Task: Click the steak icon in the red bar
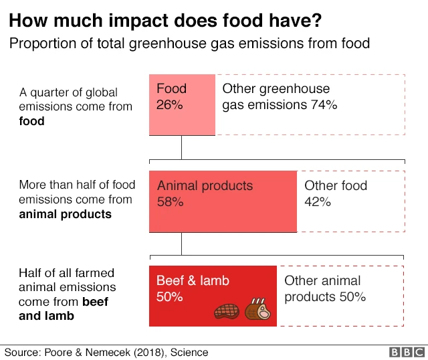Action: (227, 310)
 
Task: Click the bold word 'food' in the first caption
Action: (32, 121)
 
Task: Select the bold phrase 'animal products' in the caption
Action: (65, 214)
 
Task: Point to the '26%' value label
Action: (170, 105)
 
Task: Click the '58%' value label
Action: (171, 201)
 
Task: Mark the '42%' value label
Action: (318, 201)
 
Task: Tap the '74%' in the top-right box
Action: (323, 105)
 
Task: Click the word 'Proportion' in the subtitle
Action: (40, 43)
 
